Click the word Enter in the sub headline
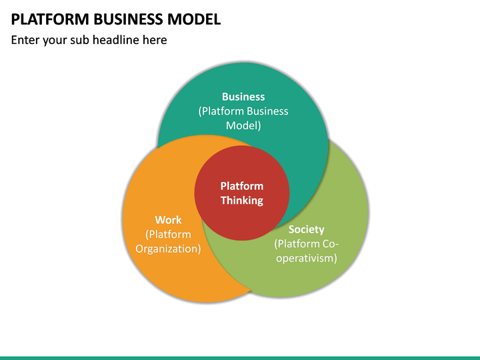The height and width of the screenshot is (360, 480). coord(27,40)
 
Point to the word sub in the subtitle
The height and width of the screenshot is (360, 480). coord(83,40)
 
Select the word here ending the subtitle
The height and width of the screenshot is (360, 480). coord(155,40)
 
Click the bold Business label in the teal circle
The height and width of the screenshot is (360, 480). coord(243,97)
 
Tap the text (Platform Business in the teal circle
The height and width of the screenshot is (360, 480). coord(243,111)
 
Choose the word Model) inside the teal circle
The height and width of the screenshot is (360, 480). coord(243,125)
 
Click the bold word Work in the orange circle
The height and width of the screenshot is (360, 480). coord(168,220)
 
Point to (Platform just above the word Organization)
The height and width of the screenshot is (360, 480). coord(168,234)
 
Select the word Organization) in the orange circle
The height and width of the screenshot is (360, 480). coord(168,249)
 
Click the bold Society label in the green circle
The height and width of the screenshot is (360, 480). coord(306,229)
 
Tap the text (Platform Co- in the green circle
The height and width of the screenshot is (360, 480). coord(306,244)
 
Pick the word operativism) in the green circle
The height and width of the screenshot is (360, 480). coord(306,258)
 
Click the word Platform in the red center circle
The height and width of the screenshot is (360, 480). coord(242,186)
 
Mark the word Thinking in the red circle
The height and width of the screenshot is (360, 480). coord(242,200)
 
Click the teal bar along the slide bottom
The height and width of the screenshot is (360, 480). coord(240,357)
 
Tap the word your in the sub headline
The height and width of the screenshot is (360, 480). coord(58,40)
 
